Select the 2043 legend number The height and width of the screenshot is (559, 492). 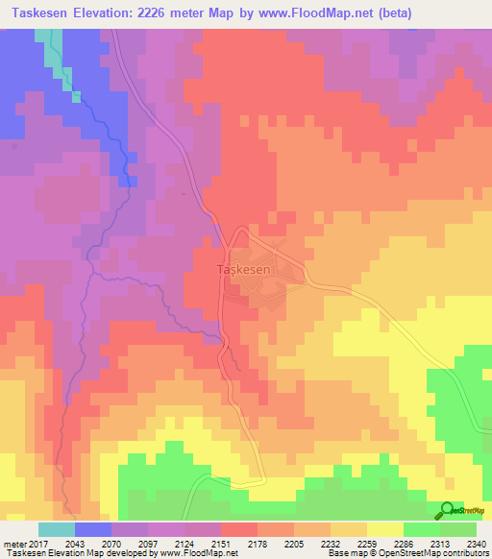[x=75, y=543]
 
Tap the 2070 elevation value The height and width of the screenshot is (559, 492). [x=111, y=543]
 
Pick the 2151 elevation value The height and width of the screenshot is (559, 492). [x=221, y=543]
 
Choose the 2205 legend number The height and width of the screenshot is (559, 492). [x=294, y=543]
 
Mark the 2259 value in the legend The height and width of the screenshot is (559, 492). [x=367, y=543]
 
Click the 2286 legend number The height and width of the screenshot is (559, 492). [x=404, y=543]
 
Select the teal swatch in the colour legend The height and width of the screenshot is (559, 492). [x=57, y=529]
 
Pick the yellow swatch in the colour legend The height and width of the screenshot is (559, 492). [x=385, y=529]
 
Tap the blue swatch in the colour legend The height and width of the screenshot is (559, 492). [x=93, y=529]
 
